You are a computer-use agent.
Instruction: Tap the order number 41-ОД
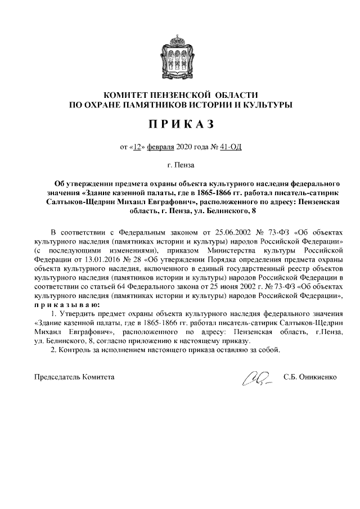(x=231, y=147)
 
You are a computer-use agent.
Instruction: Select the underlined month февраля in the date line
(x=161, y=147)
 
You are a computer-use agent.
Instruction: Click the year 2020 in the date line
(x=184, y=147)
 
